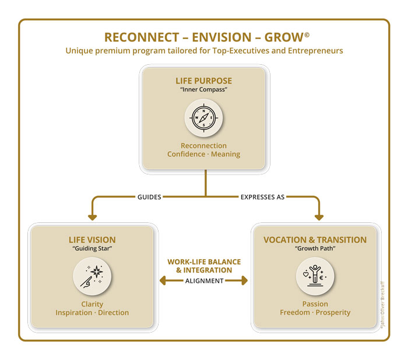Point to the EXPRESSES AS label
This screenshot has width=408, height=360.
(x=262, y=197)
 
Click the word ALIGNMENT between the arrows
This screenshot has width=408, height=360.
(x=204, y=281)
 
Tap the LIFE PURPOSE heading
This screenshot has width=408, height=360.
(x=203, y=80)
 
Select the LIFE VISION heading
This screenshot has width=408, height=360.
(x=92, y=240)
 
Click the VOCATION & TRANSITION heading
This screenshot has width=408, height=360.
(x=315, y=240)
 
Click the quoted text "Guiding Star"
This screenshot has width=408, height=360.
(x=92, y=249)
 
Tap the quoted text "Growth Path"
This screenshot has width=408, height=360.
(x=315, y=249)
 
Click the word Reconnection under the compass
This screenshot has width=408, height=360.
(x=203, y=145)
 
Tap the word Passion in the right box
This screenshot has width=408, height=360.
(x=315, y=304)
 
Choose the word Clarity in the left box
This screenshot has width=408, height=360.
(x=92, y=304)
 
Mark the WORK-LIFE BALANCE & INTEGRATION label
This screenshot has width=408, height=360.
(x=204, y=266)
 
